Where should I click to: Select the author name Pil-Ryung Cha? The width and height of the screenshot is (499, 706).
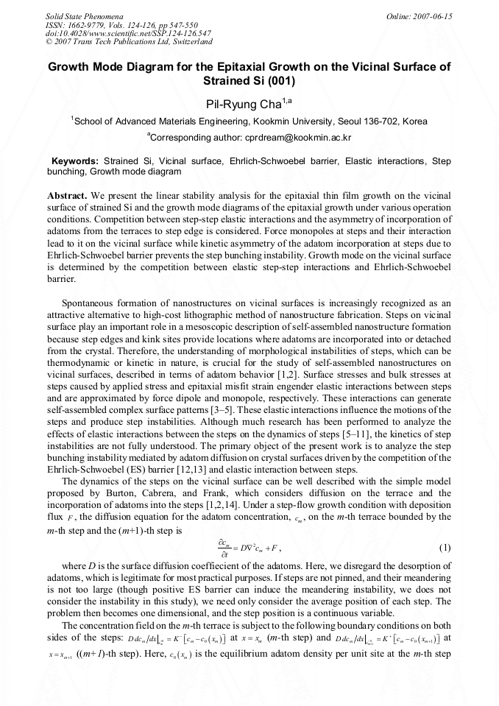click(243, 103)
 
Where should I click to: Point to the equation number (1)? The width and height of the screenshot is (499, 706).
click(444, 548)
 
